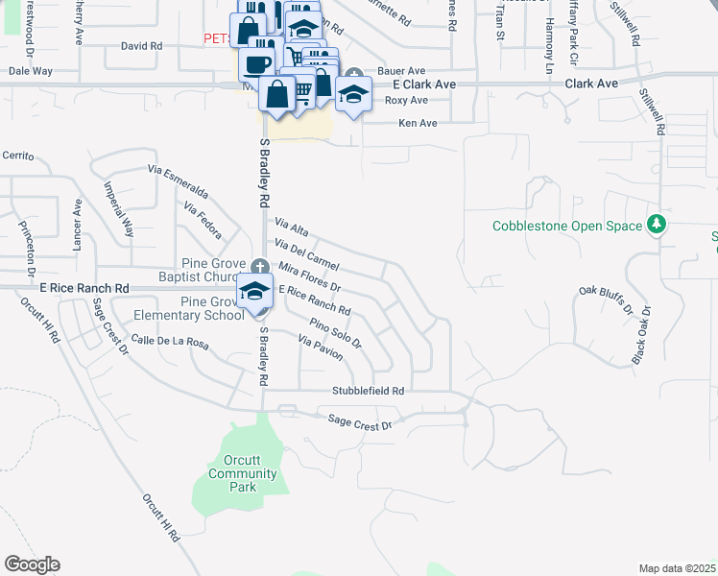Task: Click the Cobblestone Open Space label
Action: coord(566,227)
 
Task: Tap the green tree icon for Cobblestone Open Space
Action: coord(657,225)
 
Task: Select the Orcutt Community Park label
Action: coord(242,473)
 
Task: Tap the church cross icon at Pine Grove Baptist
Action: coord(259,267)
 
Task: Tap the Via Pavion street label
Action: coord(321,348)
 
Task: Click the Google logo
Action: coord(32,564)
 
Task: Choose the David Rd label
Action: coord(141,45)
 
